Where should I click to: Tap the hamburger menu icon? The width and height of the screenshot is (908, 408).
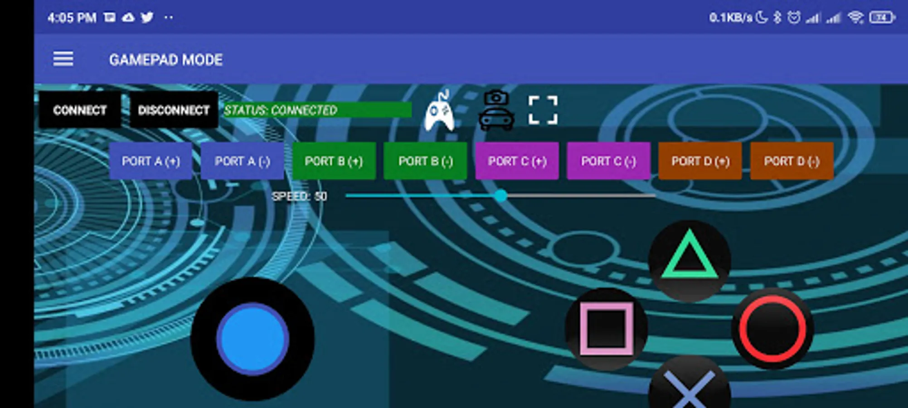pos(63,59)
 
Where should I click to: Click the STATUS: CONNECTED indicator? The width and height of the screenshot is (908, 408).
pos(317,110)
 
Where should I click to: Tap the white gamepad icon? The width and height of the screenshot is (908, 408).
pos(439,111)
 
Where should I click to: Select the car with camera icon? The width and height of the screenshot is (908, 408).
pos(496,111)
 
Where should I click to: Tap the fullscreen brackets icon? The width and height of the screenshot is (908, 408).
pos(543,110)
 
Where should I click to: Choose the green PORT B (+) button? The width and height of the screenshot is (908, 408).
pos(334,161)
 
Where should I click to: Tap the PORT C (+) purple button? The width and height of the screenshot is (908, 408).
pos(517,161)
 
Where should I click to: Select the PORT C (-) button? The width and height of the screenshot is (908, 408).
pos(609,161)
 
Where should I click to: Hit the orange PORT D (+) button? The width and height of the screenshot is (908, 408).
pos(700,161)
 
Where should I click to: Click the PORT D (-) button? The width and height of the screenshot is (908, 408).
pos(792,161)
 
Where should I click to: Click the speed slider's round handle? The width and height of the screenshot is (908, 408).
pos(501,196)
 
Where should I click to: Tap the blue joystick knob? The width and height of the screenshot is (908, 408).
pos(252,339)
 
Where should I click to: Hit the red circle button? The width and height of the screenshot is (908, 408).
pos(773,329)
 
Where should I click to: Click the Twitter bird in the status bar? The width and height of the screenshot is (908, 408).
pos(147,18)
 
